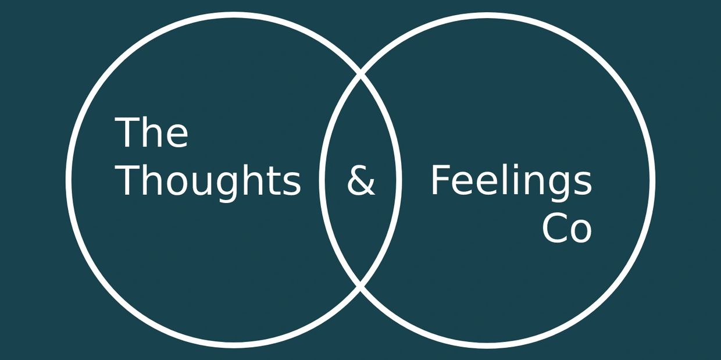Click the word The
pyautogui.click(x=151, y=132)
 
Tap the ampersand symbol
pyautogui.click(x=361, y=180)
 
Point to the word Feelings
pyautogui.click(x=512, y=182)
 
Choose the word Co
pyautogui.click(x=567, y=229)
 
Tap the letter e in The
pyautogui.click(x=177, y=137)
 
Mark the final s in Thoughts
pyautogui.click(x=292, y=184)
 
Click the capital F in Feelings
pyautogui.click(x=440, y=180)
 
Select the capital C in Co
pyautogui.click(x=554, y=229)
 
